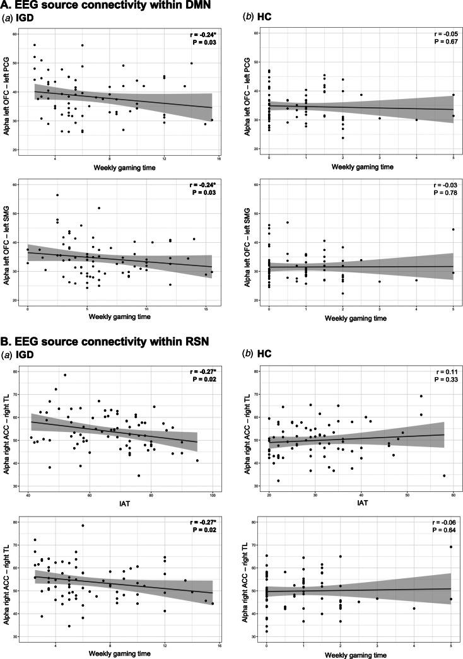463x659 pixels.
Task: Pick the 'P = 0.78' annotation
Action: tap(440, 192)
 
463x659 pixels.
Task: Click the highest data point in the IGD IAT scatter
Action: tap(64, 375)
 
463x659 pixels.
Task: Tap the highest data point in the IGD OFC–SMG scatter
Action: tap(57, 195)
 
